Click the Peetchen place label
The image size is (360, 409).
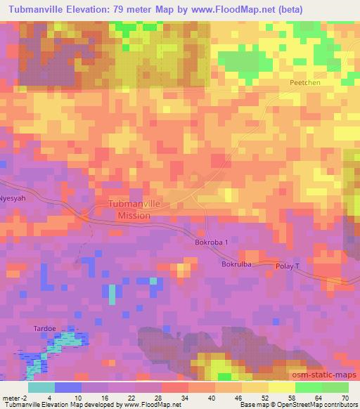pyautogui.click(x=304, y=82)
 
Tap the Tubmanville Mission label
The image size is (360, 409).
pyautogui.click(x=134, y=209)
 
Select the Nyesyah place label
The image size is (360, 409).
pyautogui.click(x=13, y=198)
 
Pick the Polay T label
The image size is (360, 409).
pyautogui.click(x=288, y=267)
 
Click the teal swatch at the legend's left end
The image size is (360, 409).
pyautogui.click(x=41, y=387)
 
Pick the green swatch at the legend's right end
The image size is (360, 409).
pyautogui.click(x=334, y=387)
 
